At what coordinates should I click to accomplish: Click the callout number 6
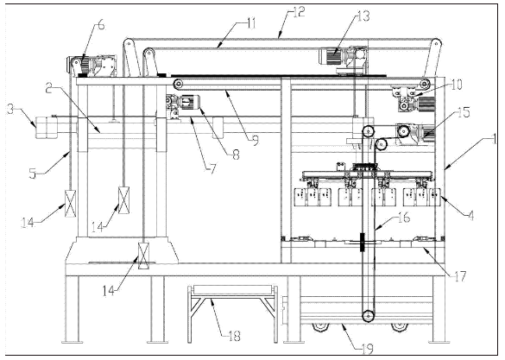pos(101,25)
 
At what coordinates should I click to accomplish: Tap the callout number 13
pos(363,16)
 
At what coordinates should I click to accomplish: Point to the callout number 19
pos(367,348)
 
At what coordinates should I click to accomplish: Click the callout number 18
pos(234,336)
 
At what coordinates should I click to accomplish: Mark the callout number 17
pos(459,276)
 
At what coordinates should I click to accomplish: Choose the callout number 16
pos(404,218)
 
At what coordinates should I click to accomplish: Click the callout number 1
pos(494,140)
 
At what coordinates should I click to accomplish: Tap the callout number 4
pos(470,216)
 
